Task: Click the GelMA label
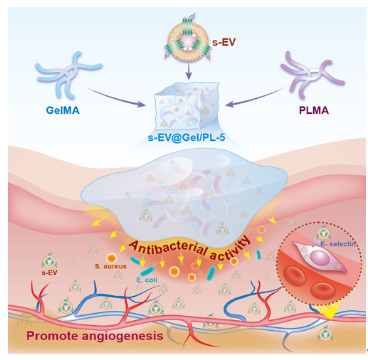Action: (63, 110)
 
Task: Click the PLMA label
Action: (314, 110)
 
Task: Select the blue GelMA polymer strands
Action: (69, 75)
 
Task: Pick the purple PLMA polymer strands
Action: (312, 75)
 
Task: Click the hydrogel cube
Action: (186, 105)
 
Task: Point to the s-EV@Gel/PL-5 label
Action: (186, 137)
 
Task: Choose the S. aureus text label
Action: (110, 266)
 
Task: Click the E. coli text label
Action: (147, 280)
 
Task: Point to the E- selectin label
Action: (338, 244)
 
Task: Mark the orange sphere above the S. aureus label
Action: (111, 258)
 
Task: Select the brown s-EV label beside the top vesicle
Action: (224, 43)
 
